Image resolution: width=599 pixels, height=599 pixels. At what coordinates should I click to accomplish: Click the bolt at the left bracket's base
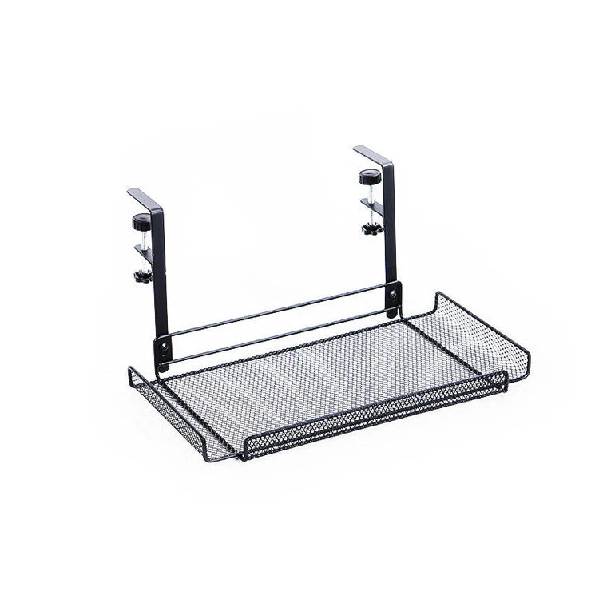165,348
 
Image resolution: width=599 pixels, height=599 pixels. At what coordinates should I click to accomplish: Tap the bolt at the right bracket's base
392,295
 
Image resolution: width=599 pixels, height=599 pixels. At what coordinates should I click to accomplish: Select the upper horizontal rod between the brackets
276,309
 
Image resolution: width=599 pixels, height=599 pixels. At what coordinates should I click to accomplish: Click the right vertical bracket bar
390,232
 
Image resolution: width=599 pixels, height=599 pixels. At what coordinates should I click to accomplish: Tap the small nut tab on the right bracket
372,206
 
